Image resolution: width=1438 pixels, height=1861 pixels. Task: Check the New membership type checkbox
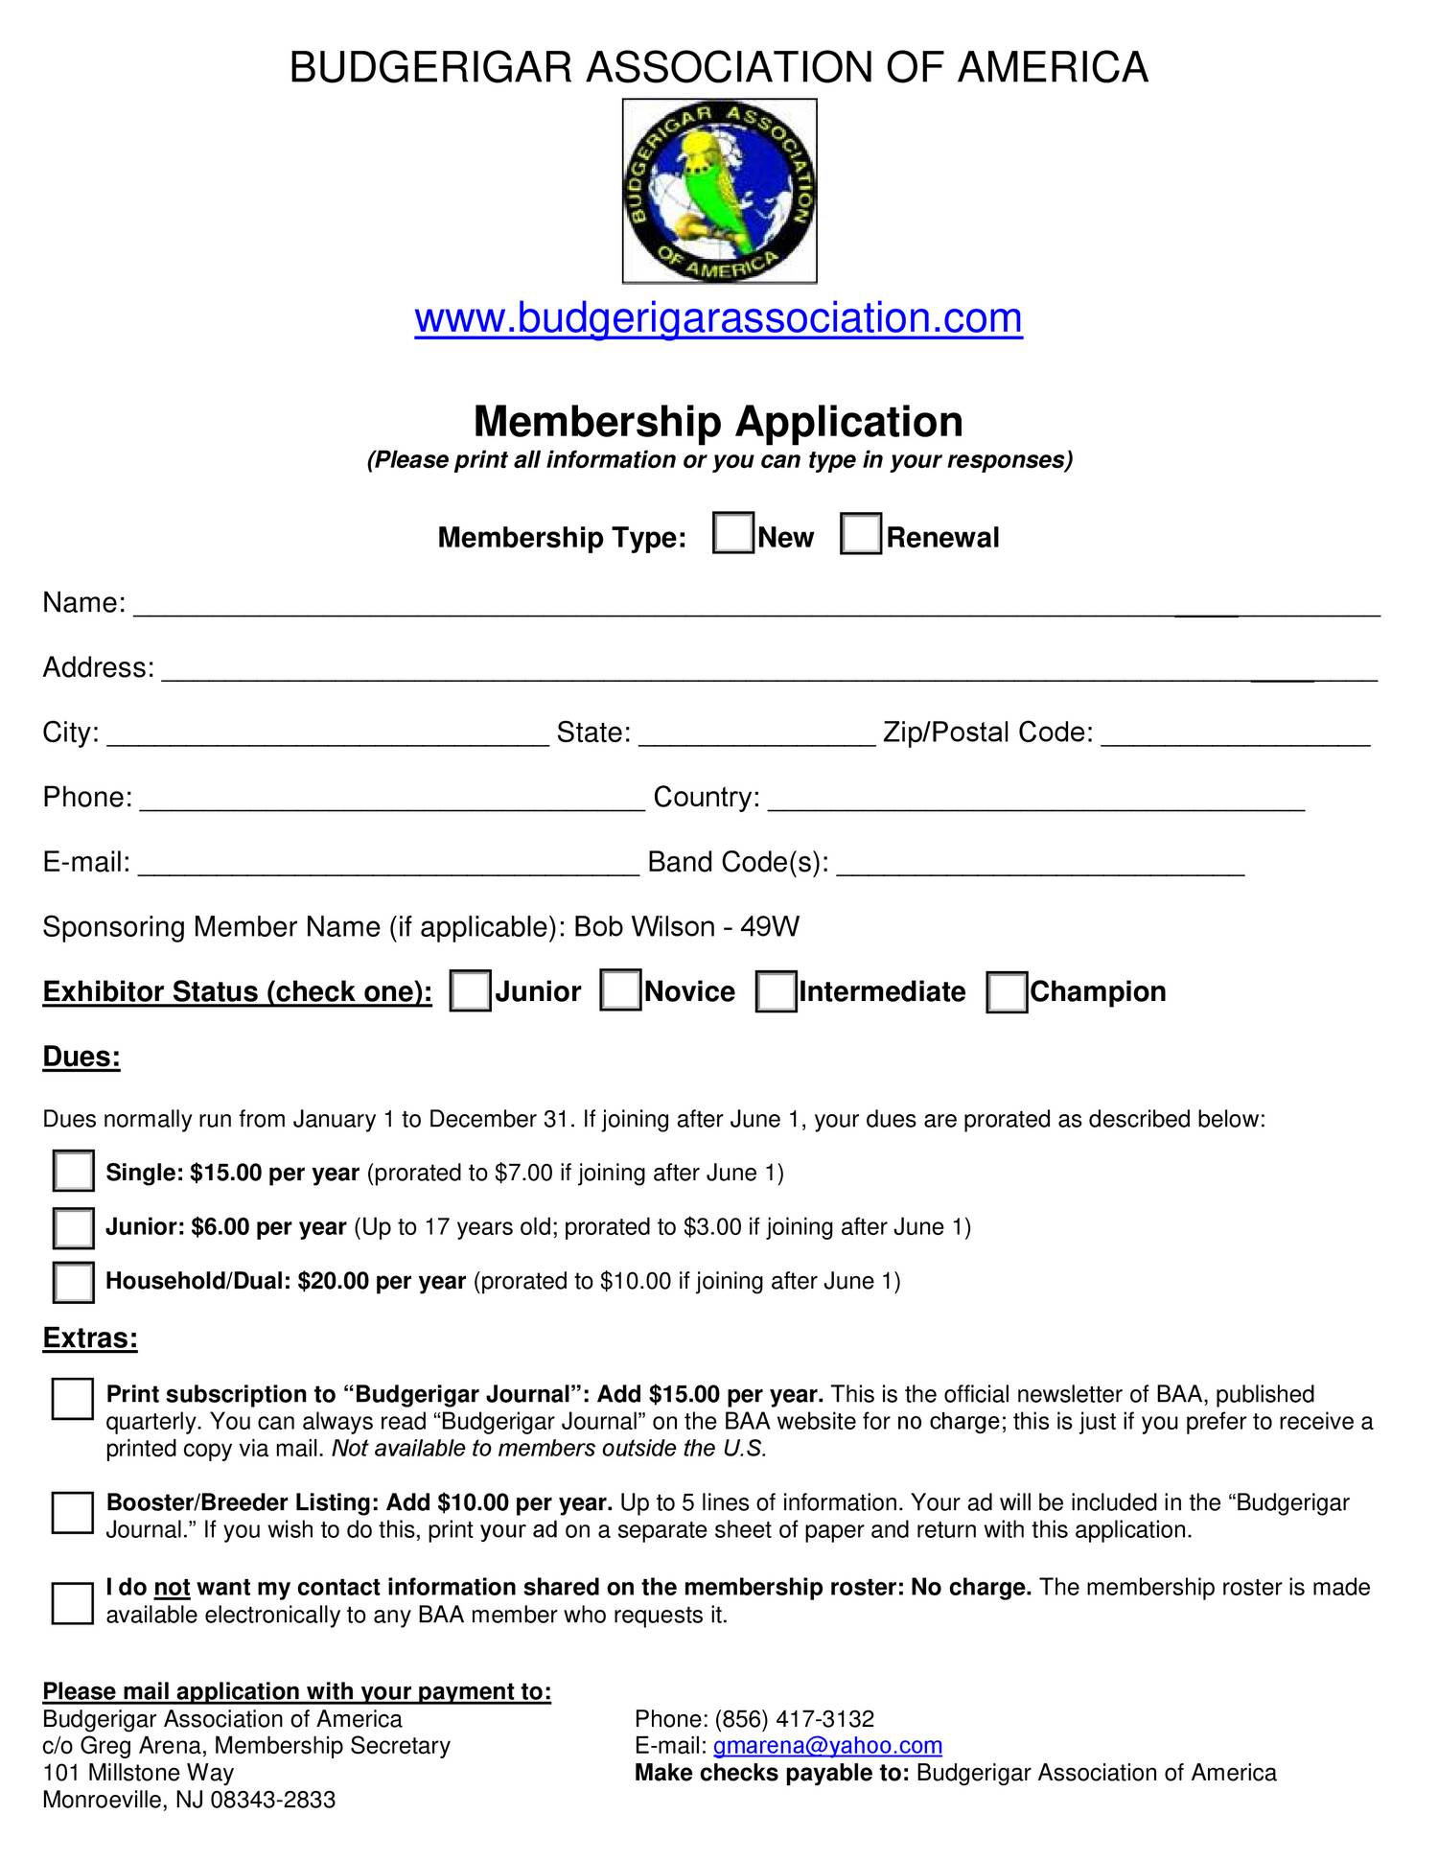[733, 533]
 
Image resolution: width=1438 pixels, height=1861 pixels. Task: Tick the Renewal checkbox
[860, 533]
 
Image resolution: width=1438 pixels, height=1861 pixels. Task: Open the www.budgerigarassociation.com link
[718, 317]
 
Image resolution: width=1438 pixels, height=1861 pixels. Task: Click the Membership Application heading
[718, 422]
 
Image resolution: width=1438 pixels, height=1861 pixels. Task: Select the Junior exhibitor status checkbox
[470, 990]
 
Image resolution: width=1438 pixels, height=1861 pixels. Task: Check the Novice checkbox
[620, 990]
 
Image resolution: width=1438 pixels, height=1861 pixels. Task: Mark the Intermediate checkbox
[775, 991]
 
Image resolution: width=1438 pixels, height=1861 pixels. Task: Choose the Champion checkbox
[1007, 991]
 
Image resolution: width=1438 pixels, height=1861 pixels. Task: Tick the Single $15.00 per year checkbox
[74, 1171]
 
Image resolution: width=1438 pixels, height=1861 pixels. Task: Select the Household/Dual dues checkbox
[74, 1282]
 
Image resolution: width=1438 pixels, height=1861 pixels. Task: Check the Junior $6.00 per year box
[74, 1227]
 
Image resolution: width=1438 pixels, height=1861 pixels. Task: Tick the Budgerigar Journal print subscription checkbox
[73, 1399]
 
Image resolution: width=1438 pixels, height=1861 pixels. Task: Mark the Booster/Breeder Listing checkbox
[73, 1512]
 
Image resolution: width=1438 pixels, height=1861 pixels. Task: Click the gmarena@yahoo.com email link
[827, 1745]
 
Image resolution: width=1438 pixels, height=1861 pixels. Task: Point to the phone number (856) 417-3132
[794, 1718]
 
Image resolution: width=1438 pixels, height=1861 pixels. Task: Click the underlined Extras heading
[90, 1338]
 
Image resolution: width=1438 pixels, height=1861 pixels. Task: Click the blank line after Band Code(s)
[1040, 866]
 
